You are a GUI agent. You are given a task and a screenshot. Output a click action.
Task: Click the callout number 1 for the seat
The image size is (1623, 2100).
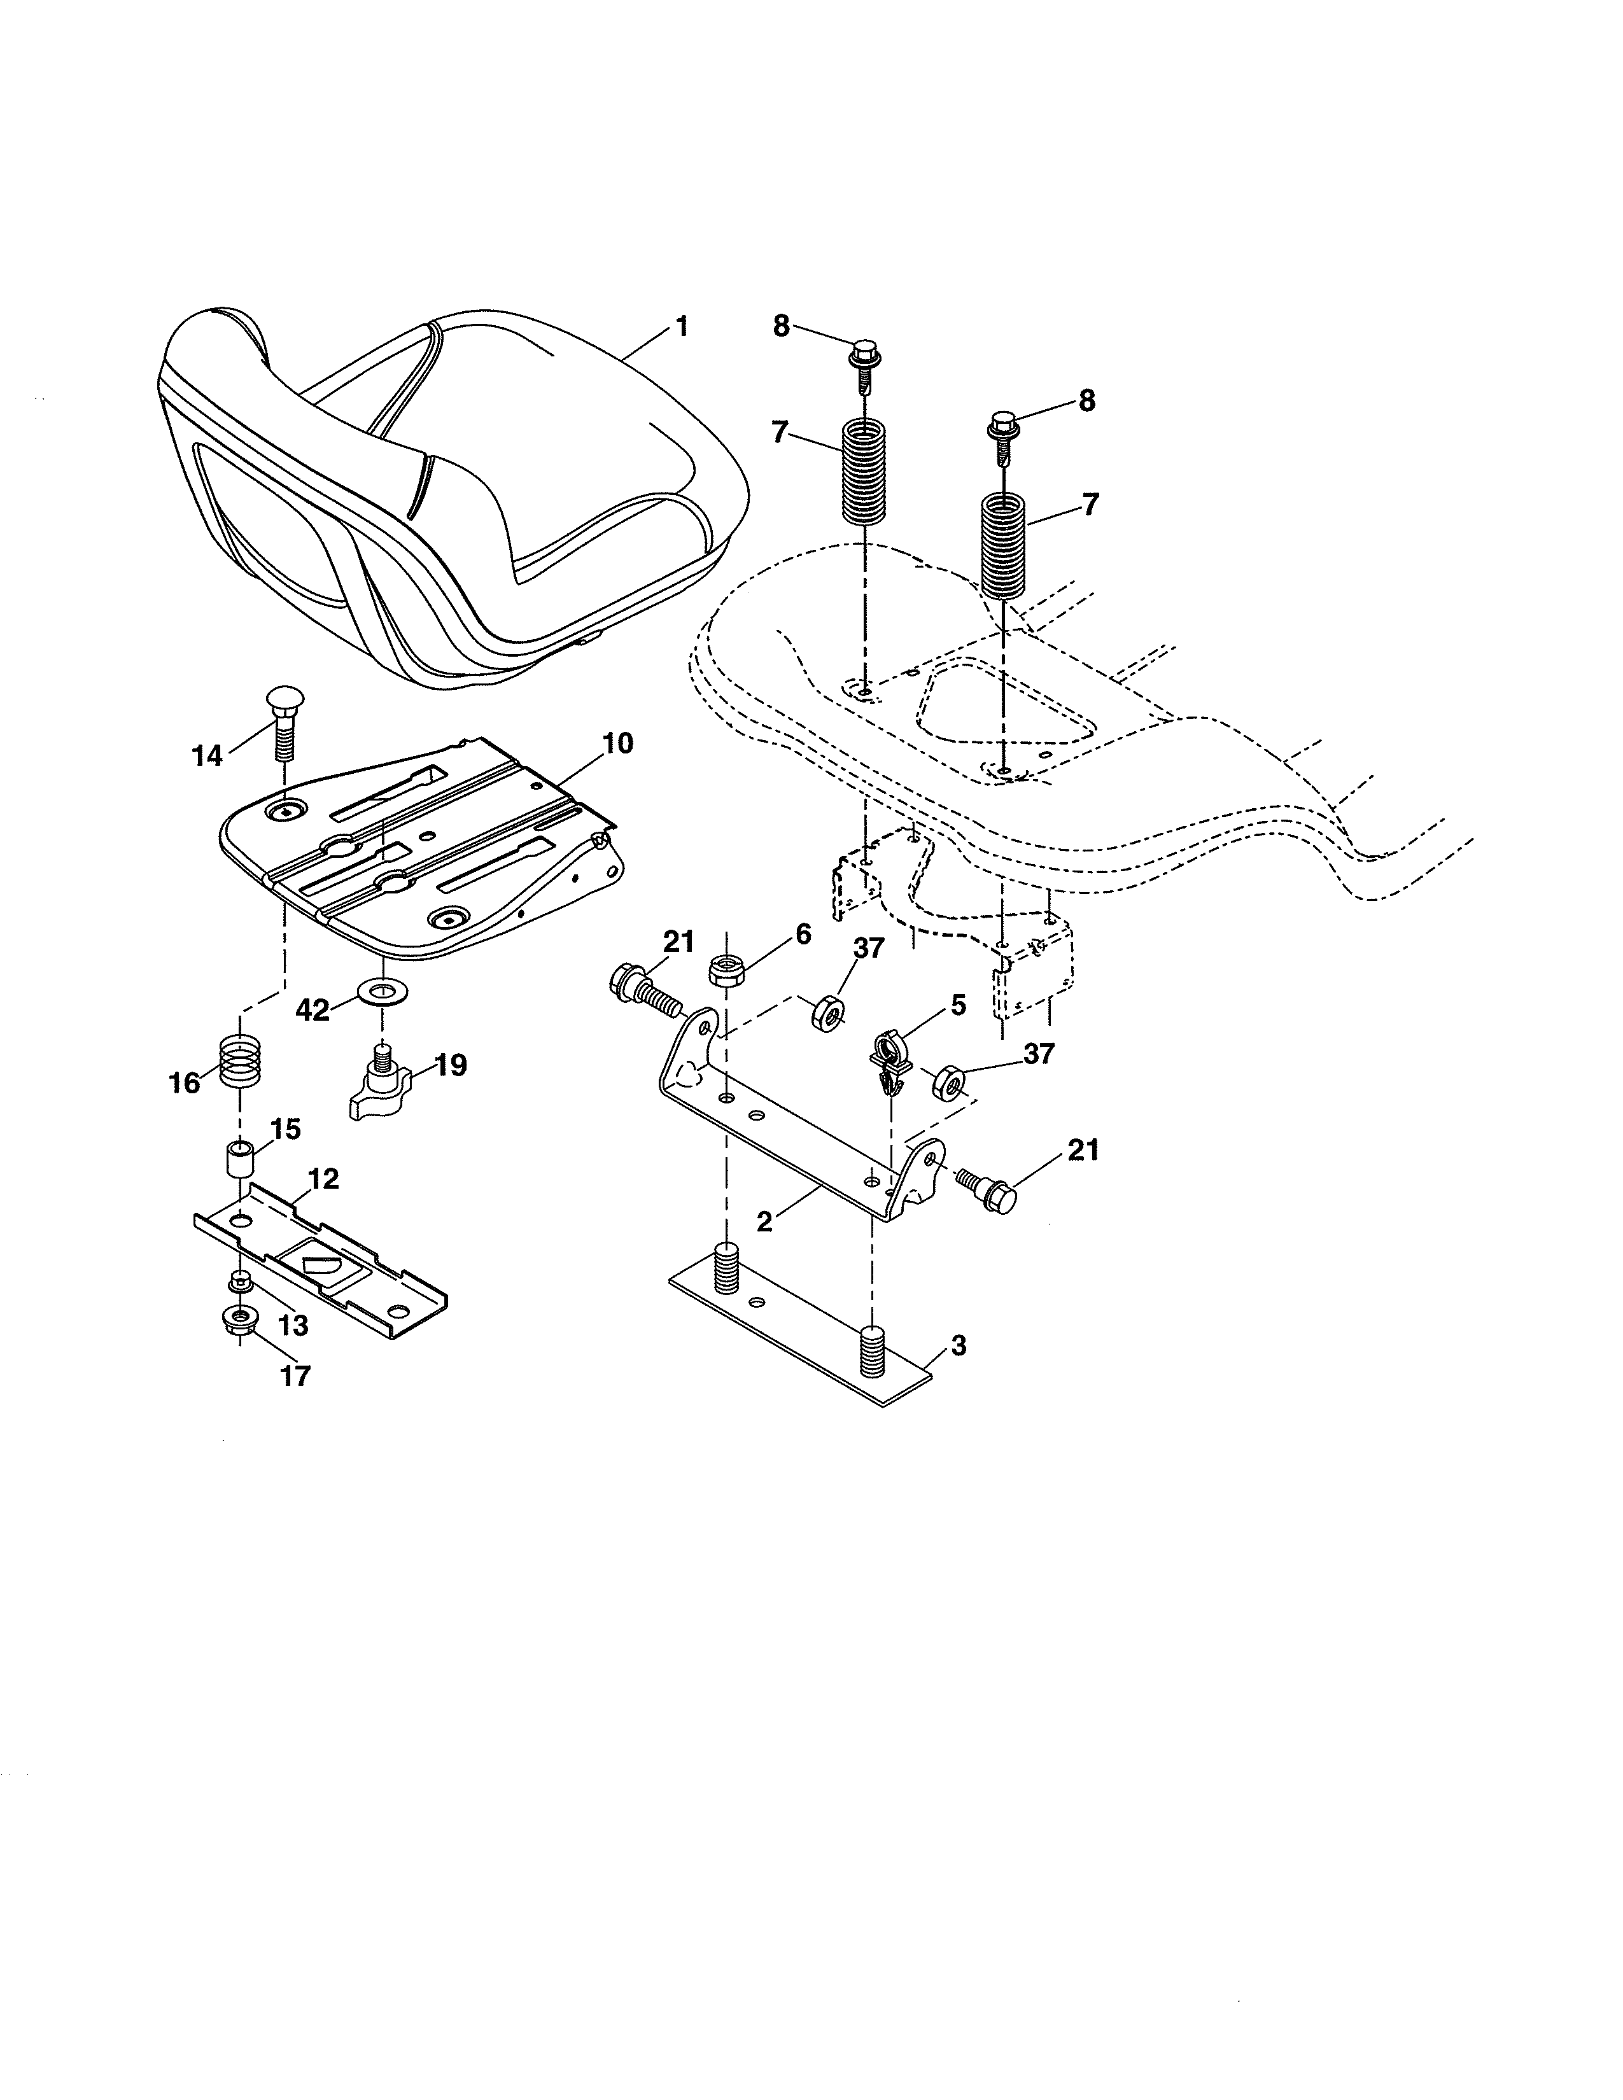682,327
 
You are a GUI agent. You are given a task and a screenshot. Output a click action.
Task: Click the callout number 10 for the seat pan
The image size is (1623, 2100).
618,743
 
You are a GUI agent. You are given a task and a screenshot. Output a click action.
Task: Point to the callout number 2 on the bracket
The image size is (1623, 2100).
764,1222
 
